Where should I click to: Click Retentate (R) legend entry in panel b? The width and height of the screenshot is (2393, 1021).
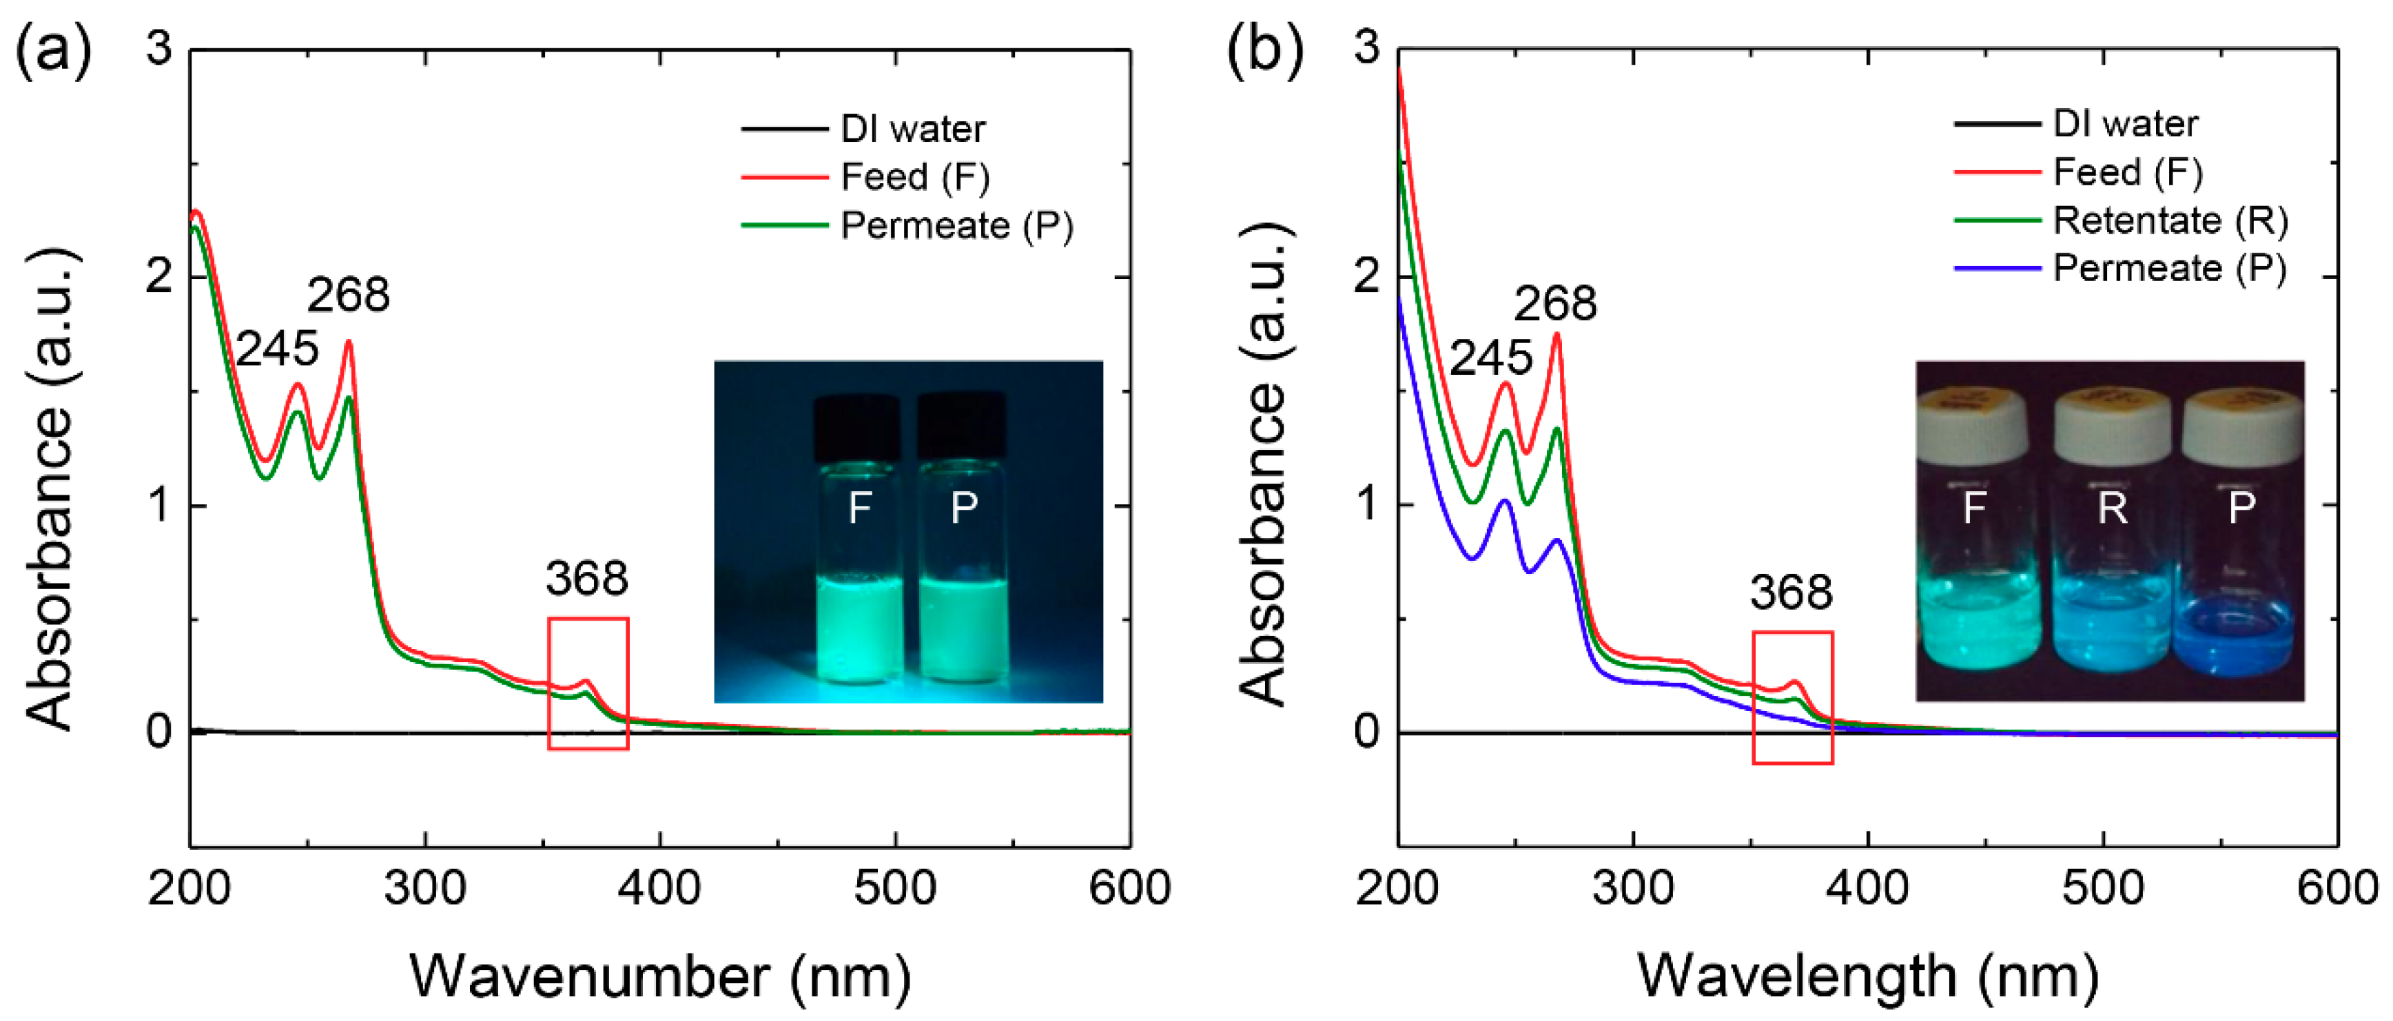(2170, 221)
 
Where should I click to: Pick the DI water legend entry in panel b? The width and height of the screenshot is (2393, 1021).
(2126, 123)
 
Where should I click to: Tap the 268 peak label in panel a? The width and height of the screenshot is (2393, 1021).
(349, 296)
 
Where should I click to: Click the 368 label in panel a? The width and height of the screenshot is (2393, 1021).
(586, 579)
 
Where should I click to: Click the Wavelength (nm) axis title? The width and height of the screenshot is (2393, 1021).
(1867, 976)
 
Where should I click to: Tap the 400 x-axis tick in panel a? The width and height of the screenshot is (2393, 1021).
(659, 888)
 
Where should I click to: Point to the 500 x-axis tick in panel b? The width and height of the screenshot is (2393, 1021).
(2102, 888)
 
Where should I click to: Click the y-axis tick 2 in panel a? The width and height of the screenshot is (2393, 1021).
(159, 276)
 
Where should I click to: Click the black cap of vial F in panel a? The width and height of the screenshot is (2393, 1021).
(856, 427)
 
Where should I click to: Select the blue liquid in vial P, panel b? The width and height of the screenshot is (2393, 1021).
(2239, 641)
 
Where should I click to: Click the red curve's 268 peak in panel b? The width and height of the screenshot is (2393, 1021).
(1557, 336)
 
